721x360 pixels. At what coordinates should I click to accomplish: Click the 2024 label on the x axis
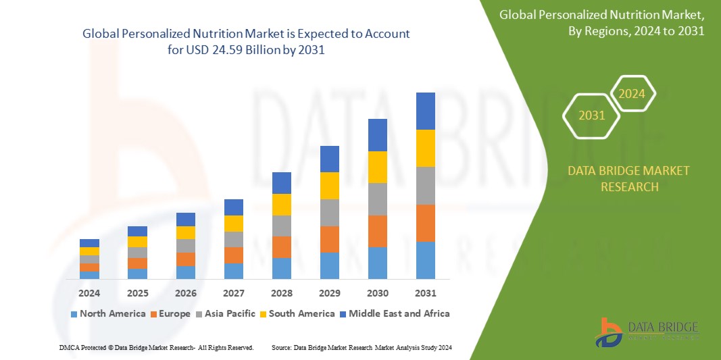pos(89,293)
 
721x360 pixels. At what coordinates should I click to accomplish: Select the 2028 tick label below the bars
pos(282,293)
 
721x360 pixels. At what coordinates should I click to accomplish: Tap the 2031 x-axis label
pos(426,293)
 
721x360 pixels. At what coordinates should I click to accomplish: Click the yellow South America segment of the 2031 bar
pos(426,148)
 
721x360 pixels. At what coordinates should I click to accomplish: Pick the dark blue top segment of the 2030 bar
pos(378,134)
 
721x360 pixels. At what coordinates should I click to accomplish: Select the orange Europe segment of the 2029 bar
pos(330,239)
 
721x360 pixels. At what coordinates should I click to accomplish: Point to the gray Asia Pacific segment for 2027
pos(234,239)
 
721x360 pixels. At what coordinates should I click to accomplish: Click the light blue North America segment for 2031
pos(426,260)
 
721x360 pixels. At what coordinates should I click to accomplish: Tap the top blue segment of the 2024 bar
pos(89,243)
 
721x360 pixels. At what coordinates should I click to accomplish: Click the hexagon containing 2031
pos(592,115)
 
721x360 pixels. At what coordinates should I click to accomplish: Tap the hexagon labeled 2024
pos(632,94)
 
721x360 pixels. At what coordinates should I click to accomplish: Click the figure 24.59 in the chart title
pos(230,50)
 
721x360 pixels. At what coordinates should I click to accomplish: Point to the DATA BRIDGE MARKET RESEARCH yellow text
pos(629,178)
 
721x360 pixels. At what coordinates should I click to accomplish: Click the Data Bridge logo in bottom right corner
pos(646,332)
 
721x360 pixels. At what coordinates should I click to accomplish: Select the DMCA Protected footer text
pos(156,347)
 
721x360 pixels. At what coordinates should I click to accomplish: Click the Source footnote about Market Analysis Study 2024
pos(362,347)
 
